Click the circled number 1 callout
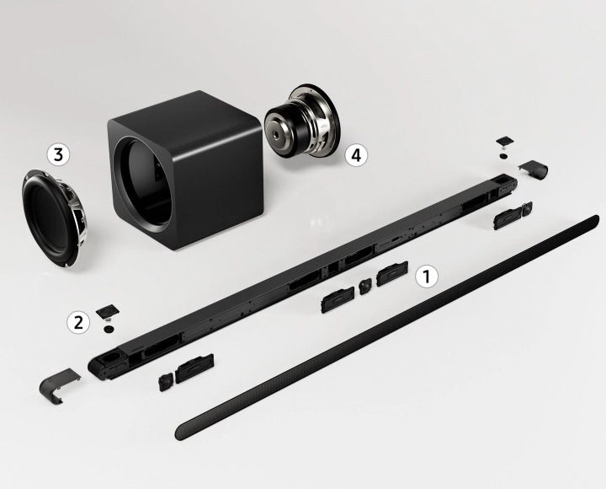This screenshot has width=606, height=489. (x=428, y=276)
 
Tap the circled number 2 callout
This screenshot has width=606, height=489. (x=79, y=321)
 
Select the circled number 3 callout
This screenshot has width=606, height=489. (x=58, y=154)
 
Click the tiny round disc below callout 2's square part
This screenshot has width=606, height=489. (x=109, y=329)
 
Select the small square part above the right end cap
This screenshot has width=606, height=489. (x=505, y=138)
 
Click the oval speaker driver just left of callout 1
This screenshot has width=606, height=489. (x=392, y=275)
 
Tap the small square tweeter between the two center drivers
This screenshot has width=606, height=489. (x=364, y=286)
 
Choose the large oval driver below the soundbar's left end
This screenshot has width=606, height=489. (x=194, y=368)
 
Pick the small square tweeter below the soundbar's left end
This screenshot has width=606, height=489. (x=165, y=382)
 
